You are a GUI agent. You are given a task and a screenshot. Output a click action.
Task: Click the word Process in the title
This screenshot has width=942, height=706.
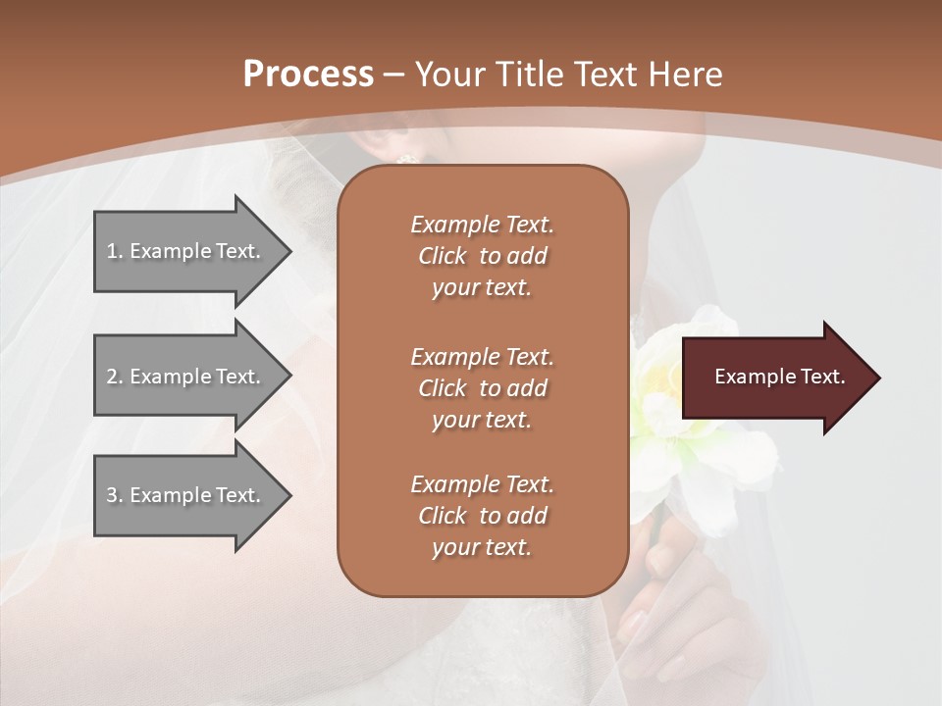click(x=308, y=75)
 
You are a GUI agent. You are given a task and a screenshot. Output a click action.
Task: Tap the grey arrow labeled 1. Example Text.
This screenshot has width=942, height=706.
click(x=186, y=251)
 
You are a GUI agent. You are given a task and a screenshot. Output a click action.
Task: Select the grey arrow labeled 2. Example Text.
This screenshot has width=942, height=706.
click(x=186, y=377)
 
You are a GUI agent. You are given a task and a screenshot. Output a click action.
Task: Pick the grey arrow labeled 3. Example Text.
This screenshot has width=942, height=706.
click(x=186, y=495)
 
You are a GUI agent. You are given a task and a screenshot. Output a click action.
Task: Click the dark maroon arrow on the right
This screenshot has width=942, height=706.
click(x=775, y=378)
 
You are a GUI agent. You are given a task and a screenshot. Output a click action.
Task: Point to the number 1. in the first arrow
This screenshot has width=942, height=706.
click(x=114, y=251)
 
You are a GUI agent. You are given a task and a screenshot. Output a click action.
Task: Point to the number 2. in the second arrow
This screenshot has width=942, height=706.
click(x=114, y=377)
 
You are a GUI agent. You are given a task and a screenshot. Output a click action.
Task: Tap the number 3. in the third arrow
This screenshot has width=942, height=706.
click(x=114, y=495)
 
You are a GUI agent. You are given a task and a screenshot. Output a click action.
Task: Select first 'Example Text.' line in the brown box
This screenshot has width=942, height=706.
click(x=482, y=225)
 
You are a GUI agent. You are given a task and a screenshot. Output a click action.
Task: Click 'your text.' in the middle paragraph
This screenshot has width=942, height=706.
click(x=482, y=420)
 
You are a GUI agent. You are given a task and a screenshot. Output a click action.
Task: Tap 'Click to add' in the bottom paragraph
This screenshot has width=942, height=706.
click(x=482, y=516)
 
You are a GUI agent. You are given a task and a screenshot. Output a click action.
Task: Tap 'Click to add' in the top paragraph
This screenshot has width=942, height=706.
click(x=482, y=256)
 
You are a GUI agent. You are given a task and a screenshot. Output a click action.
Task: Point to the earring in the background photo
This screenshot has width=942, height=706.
click(x=404, y=159)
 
